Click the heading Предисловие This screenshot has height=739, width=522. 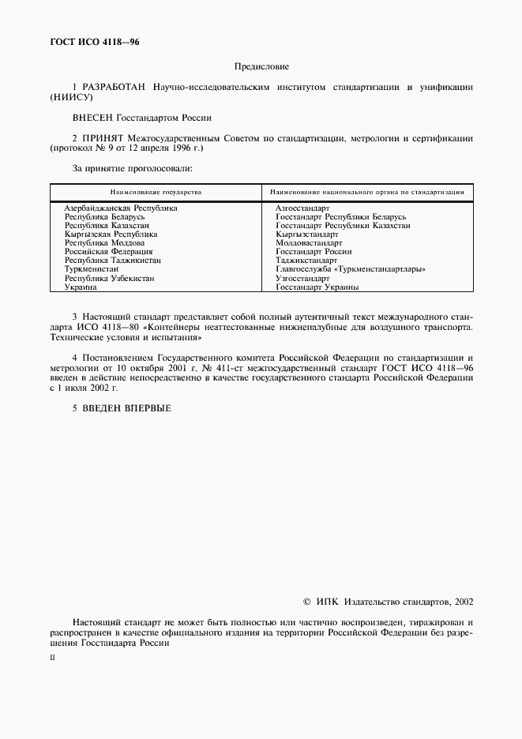pyautogui.click(x=261, y=67)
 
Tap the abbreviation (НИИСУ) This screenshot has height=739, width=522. pyautogui.click(x=70, y=97)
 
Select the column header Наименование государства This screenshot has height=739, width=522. pyautogui.click(x=156, y=192)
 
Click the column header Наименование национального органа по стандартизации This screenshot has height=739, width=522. pyautogui.click(x=366, y=192)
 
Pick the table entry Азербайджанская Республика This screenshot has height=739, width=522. pyautogui.click(x=120, y=208)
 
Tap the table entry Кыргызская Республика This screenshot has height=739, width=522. pyautogui.click(x=112, y=234)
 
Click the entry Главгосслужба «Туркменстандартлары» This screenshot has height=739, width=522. pyautogui.click(x=350, y=269)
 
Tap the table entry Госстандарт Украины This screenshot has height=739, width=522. pyautogui.click(x=317, y=287)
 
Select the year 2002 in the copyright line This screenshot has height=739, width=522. pyautogui.click(x=462, y=602)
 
